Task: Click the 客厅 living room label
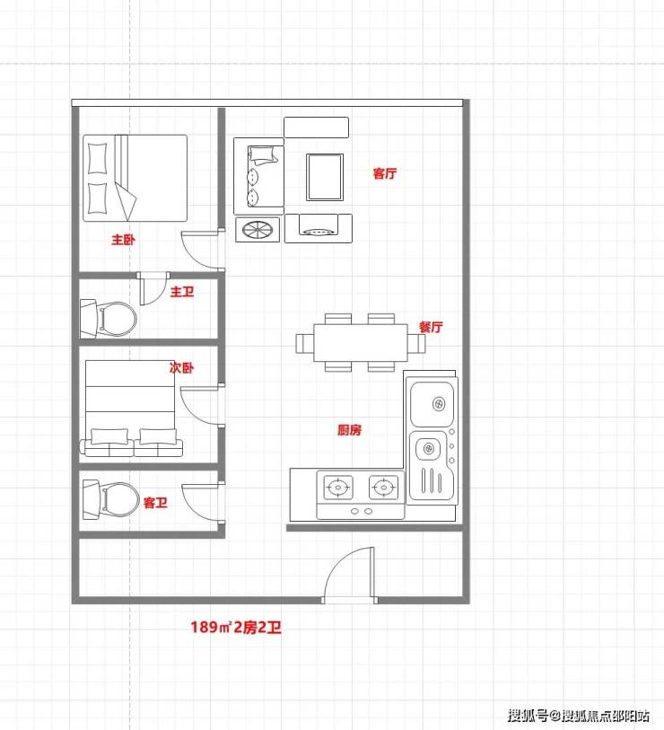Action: pos(385,173)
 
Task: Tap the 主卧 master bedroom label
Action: pos(123,240)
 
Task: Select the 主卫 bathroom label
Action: pos(182,292)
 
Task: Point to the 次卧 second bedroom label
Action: pos(181,368)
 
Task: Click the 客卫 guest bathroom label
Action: pos(155,503)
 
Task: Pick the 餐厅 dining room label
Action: pos(431,327)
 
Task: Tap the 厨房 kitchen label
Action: pos(349,430)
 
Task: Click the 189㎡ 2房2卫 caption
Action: pos(236,627)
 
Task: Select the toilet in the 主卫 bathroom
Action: pos(109,319)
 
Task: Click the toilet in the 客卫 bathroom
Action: pos(110,499)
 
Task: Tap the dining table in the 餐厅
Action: pos(360,343)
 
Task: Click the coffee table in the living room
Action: pos(325,177)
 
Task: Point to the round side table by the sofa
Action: pos(258,230)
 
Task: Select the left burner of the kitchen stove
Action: pos(338,488)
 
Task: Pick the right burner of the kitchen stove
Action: pos(383,488)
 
